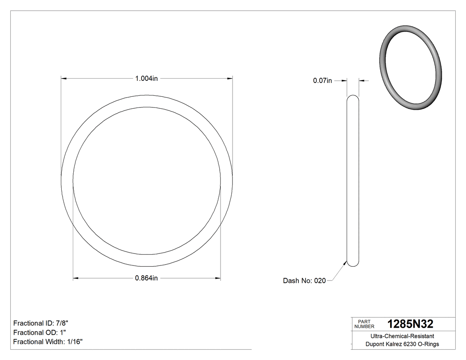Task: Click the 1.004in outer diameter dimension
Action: pyautogui.click(x=146, y=79)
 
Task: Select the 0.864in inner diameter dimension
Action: pyautogui.click(x=146, y=278)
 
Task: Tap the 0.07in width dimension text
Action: pyautogui.click(x=322, y=81)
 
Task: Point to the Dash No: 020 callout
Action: pyautogui.click(x=304, y=281)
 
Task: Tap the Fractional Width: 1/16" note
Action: pyautogui.click(x=48, y=342)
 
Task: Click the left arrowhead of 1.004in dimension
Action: pyautogui.click(x=63, y=79)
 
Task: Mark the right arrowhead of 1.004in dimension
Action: pyautogui.click(x=230, y=79)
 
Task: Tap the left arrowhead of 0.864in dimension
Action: pyautogui.click(x=75, y=278)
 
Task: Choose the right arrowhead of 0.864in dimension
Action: pyautogui.click(x=218, y=278)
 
